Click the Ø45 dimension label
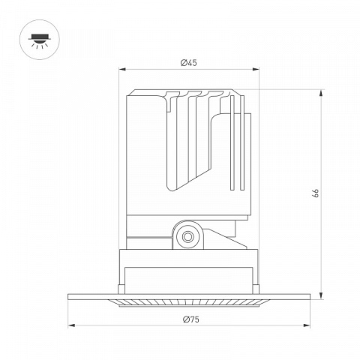tap(188, 62)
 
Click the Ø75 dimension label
tap(191, 319)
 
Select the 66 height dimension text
tap(316, 193)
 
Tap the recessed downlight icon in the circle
tap(40, 40)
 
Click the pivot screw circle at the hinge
tap(187, 236)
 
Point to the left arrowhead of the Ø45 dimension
tap(122, 69)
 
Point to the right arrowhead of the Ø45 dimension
tap(256, 69)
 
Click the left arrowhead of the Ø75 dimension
tap(71, 325)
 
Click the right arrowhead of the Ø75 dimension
tap(307, 325)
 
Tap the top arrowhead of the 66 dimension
tap(321, 93)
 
